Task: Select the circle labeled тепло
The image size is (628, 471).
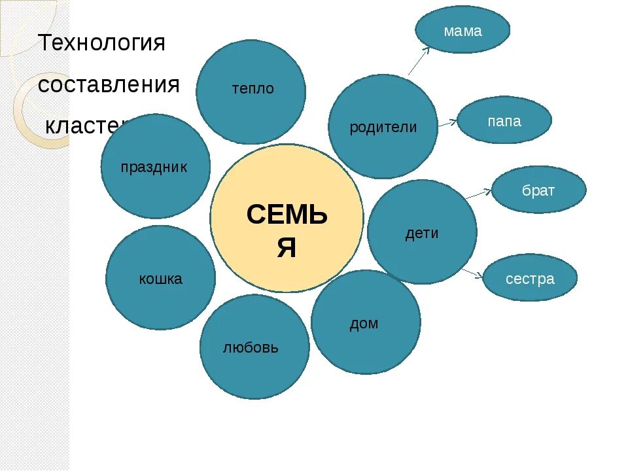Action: click(251, 92)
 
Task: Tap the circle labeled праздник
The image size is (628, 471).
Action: click(155, 166)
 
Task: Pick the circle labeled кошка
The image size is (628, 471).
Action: click(160, 278)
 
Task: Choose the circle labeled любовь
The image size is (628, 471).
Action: click(254, 347)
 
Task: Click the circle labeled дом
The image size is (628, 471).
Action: click(365, 322)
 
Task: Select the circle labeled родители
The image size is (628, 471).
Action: click(383, 126)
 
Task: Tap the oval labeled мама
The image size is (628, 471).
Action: click(462, 30)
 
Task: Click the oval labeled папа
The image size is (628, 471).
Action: click(504, 120)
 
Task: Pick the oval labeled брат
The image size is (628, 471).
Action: click(538, 190)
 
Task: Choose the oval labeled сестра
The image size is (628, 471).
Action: click(530, 278)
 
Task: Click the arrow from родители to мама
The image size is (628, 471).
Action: click(419, 61)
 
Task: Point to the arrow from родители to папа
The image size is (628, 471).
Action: click(447, 122)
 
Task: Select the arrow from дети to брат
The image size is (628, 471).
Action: click(482, 193)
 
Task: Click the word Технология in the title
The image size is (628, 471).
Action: click(102, 43)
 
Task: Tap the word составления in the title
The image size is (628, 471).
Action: click(109, 84)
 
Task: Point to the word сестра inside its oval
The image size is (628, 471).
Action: click(530, 279)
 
